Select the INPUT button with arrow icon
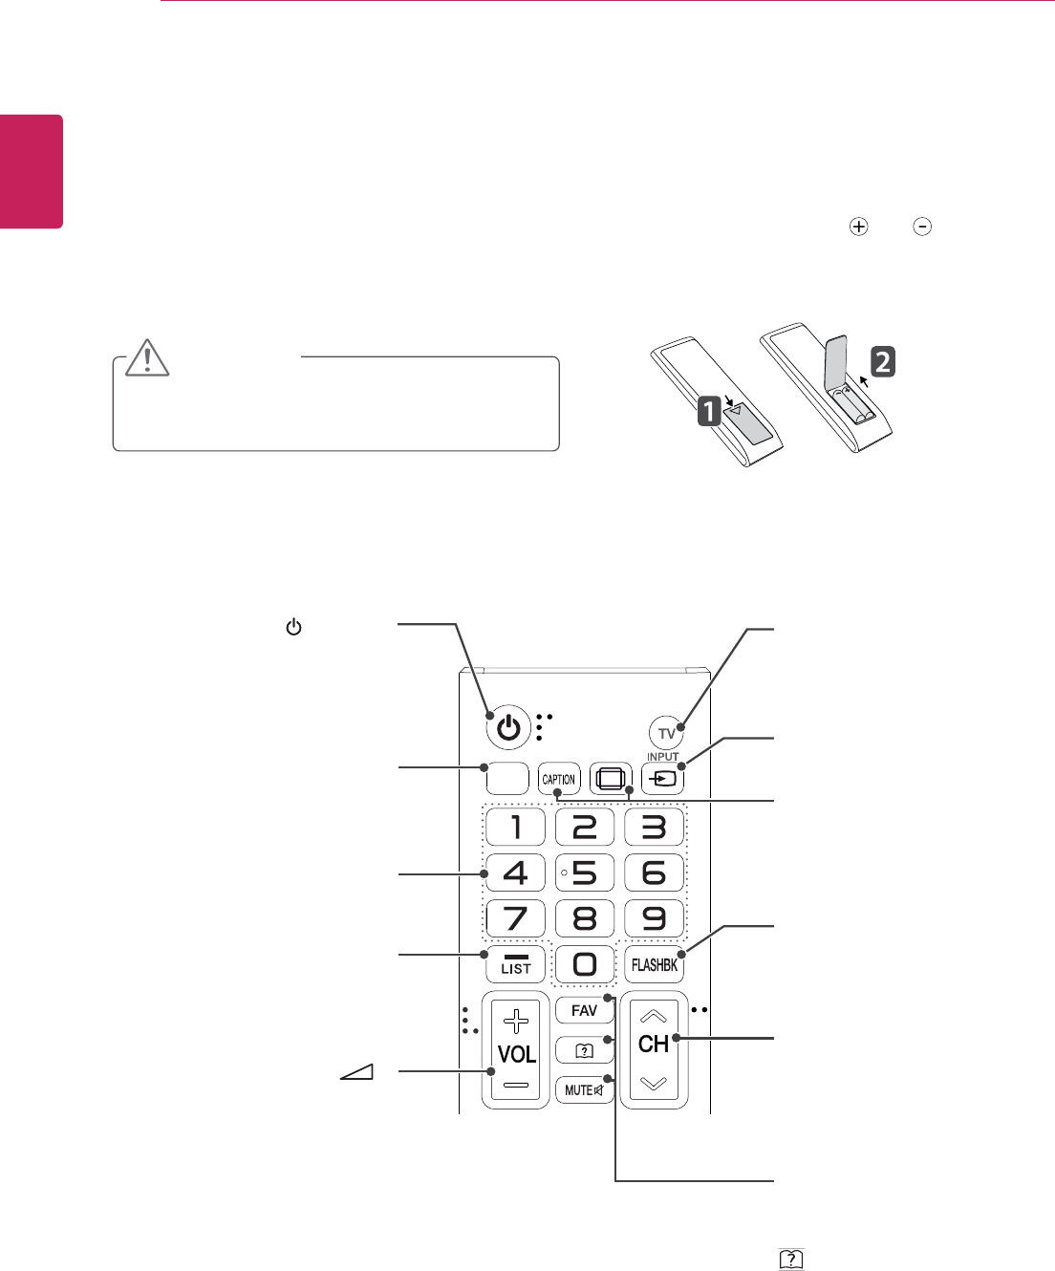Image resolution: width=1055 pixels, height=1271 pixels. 664,778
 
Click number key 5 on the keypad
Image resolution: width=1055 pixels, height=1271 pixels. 584,872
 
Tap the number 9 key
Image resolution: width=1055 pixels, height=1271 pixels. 654,918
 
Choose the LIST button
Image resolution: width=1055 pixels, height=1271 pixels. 515,964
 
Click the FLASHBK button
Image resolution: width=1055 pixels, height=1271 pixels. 655,965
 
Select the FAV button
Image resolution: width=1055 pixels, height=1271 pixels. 584,1010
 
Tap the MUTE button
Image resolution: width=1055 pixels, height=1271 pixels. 584,1089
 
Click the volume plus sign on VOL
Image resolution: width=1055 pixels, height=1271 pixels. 516,1021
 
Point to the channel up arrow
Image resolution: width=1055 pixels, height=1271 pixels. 654,1016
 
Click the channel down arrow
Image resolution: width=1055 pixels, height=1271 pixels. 654,1084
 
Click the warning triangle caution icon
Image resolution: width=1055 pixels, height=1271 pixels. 147,357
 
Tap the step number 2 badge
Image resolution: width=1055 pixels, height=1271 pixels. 883,361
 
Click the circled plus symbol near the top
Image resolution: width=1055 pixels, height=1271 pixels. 859,227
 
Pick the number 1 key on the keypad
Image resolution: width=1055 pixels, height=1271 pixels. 515,827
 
